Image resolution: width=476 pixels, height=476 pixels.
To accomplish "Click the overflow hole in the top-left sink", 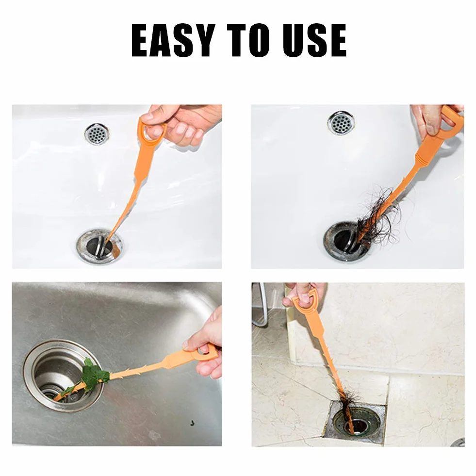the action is coord(97,134).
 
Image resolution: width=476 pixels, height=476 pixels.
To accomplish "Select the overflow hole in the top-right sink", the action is coord(341,123).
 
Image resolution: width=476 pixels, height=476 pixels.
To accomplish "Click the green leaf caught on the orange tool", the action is coord(95,374).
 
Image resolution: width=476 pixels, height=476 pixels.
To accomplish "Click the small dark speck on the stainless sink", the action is coord(192,423).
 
